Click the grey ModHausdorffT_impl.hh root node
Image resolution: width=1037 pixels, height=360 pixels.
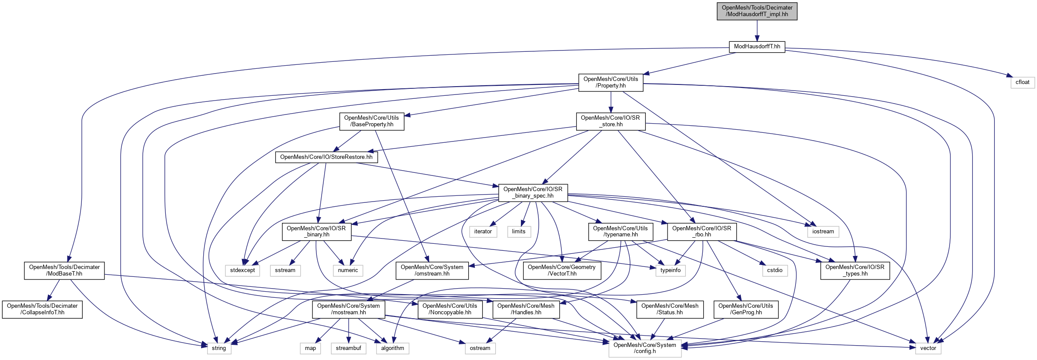757,11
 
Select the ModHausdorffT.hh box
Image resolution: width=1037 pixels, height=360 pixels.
757,47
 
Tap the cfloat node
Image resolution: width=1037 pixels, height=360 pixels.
1022,82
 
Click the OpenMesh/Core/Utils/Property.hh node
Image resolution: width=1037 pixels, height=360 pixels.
611,82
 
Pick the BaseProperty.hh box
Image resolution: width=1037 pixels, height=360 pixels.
372,121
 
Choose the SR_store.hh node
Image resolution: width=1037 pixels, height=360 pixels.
611,121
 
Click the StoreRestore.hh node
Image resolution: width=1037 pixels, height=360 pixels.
326,157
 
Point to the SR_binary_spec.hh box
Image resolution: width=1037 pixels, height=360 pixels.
533,192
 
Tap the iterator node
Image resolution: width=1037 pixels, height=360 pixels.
483,232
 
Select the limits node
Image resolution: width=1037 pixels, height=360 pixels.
518,232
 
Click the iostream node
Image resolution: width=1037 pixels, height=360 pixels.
823,232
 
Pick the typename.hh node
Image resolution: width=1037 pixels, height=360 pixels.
620,232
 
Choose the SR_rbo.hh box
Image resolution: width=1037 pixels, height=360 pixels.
701,232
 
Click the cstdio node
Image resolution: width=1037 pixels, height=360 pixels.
775,270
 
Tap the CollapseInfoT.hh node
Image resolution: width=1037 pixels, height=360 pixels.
42,309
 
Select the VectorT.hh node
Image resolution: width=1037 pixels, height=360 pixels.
561,270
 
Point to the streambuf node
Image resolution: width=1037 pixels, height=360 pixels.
348,348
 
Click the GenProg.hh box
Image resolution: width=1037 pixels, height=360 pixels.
745,309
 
